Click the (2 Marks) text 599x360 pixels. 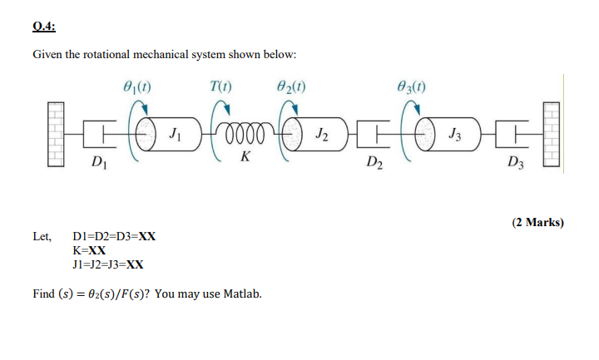pyautogui.click(x=537, y=222)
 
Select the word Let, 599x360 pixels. pyautogui.click(x=42, y=236)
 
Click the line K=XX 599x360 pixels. pyautogui.click(x=90, y=250)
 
